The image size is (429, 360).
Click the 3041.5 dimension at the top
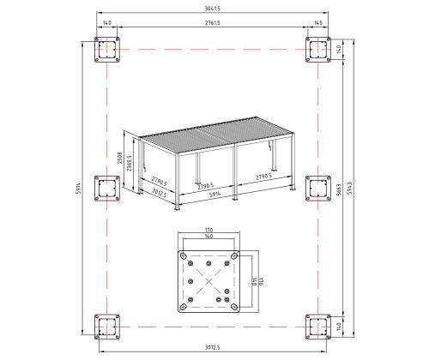(212, 9)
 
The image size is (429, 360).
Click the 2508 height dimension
(120, 159)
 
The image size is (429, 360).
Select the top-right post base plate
(318, 51)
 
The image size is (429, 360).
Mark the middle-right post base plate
(318, 188)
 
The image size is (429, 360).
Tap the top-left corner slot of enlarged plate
(184, 254)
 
